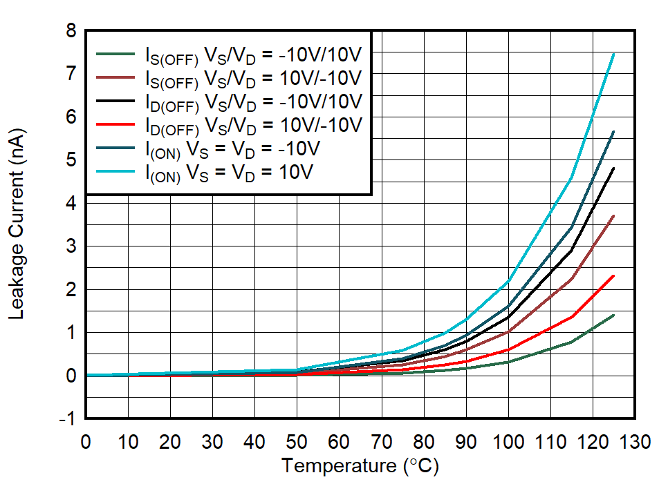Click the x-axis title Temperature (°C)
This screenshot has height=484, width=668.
coord(360,466)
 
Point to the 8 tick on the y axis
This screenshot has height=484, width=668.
coord(71,31)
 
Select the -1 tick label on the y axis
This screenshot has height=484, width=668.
coord(66,419)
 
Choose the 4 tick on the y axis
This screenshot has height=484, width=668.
coord(71,203)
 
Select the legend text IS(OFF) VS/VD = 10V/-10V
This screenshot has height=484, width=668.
coord(253,77)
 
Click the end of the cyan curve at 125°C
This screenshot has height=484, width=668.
coord(613,55)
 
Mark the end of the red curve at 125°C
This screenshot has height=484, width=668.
coord(613,276)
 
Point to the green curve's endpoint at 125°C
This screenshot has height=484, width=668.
coord(613,316)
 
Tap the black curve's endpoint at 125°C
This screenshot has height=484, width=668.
coord(613,168)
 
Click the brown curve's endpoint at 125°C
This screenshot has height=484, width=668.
coord(613,216)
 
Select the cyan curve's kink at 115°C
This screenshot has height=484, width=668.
coord(571,179)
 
